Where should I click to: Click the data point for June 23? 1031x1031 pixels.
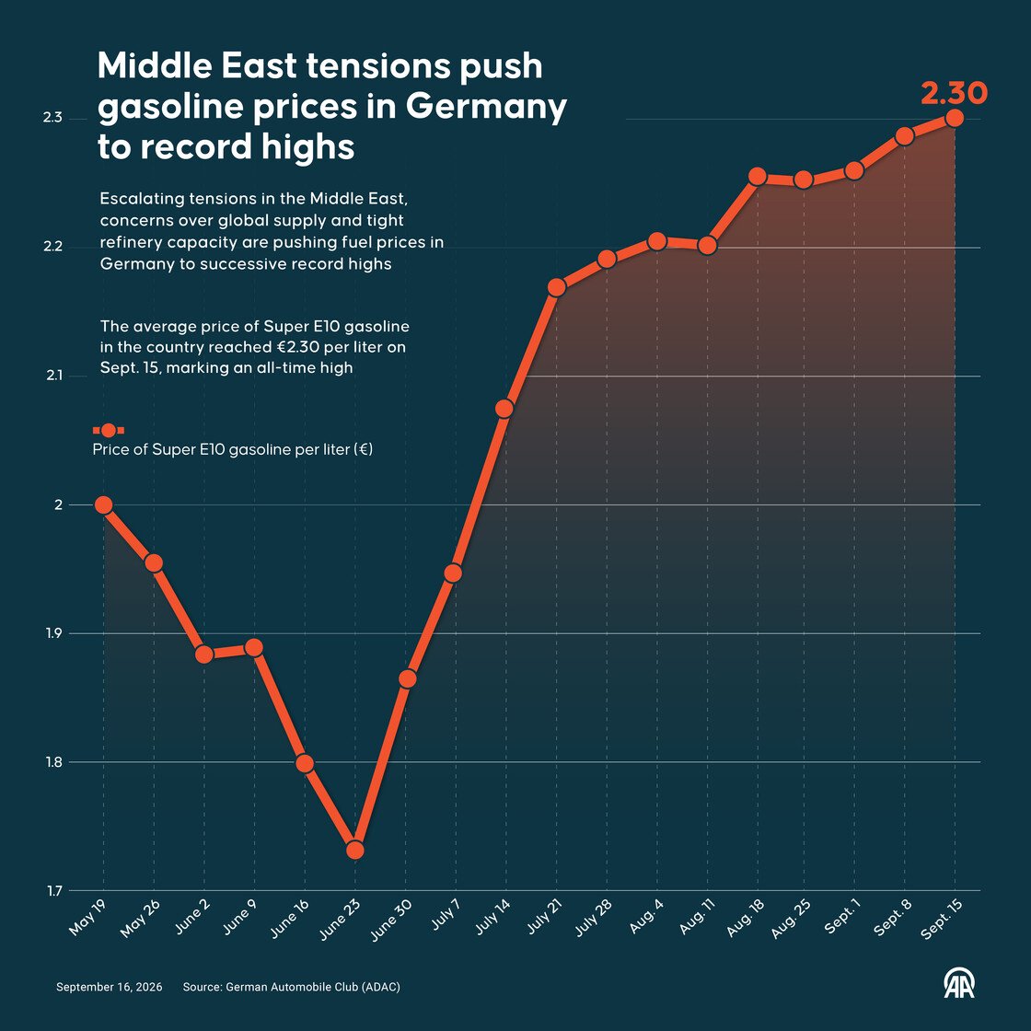pyautogui.click(x=355, y=850)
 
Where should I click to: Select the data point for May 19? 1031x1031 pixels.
pyautogui.click(x=103, y=505)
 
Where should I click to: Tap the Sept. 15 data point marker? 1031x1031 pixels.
pyautogui.click(x=954, y=118)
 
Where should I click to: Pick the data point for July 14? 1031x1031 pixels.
pyautogui.click(x=504, y=409)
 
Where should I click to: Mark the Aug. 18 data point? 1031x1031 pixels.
pyautogui.click(x=758, y=176)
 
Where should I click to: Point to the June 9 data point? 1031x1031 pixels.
pyautogui.click(x=254, y=648)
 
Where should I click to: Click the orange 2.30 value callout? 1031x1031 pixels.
pyautogui.click(x=954, y=93)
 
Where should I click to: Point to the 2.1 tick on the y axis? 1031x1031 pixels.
pyautogui.click(x=54, y=376)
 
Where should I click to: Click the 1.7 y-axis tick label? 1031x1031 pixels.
pyautogui.click(x=54, y=891)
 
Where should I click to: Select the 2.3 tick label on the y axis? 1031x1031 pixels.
pyautogui.click(x=52, y=118)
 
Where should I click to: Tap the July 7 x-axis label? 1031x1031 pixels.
pyautogui.click(x=446, y=915)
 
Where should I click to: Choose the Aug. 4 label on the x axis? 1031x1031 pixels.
pyautogui.click(x=647, y=916)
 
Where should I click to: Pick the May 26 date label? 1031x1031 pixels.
pyautogui.click(x=140, y=919)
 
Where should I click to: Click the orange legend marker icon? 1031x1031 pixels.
pyautogui.click(x=109, y=431)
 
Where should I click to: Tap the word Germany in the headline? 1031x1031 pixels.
pyautogui.click(x=486, y=106)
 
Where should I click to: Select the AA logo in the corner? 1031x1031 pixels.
pyautogui.click(x=959, y=983)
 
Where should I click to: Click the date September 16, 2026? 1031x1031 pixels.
pyautogui.click(x=110, y=987)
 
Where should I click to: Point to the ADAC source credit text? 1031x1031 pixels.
pyautogui.click(x=291, y=987)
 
